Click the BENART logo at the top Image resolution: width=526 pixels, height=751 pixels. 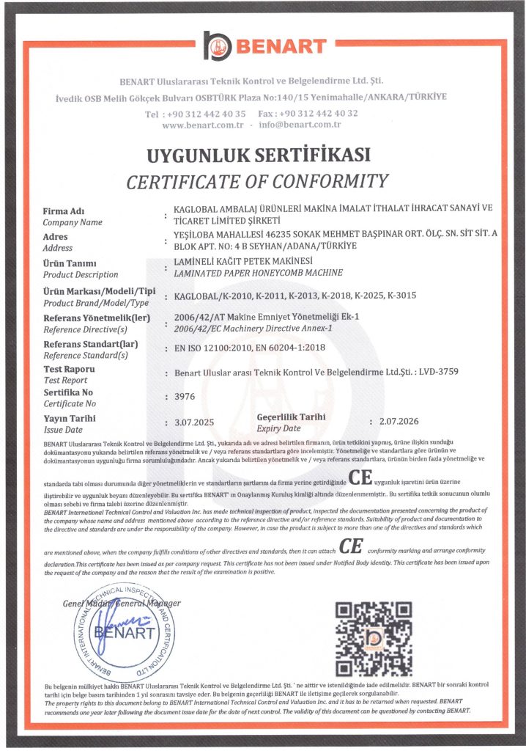[264, 45]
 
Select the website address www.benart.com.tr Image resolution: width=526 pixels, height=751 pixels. [202, 125]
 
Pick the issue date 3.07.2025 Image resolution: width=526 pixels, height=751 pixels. [192, 422]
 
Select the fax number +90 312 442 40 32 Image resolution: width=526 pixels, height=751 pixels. [323, 113]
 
